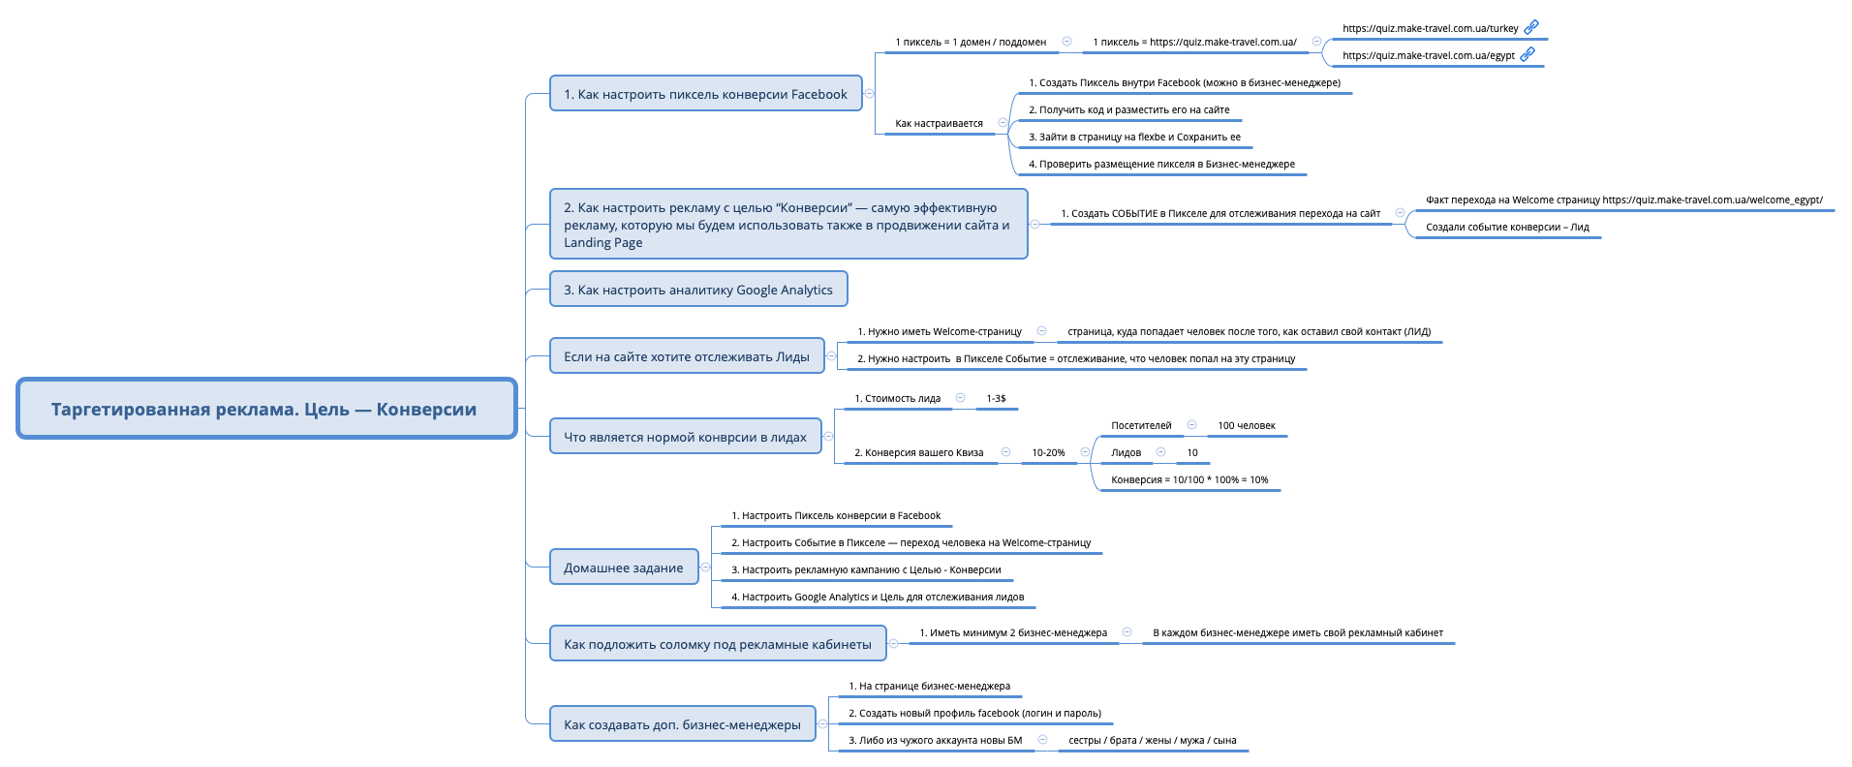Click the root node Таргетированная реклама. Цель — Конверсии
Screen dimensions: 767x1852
click(265, 409)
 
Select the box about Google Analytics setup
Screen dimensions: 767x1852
click(697, 290)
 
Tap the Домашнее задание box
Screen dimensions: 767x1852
click(623, 568)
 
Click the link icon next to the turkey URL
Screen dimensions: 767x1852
click(1531, 27)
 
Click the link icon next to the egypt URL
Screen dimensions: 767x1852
click(1528, 54)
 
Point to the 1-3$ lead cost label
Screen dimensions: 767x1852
click(996, 398)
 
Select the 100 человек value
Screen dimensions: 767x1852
click(1246, 425)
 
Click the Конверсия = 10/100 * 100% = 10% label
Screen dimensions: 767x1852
click(1188, 479)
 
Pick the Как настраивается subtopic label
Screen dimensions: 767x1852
click(938, 123)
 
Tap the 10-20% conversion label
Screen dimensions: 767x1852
click(1047, 452)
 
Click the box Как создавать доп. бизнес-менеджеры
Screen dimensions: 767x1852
click(682, 724)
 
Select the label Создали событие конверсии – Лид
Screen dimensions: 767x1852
click(1506, 227)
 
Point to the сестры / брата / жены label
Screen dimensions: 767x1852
click(1151, 740)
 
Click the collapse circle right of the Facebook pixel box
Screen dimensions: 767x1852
click(870, 94)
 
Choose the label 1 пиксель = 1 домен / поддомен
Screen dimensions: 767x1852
click(970, 42)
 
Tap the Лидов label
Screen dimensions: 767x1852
click(1126, 452)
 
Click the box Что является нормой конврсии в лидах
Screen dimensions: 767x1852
click(685, 437)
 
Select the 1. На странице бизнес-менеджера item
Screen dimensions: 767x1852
click(928, 686)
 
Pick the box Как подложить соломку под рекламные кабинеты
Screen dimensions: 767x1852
click(717, 644)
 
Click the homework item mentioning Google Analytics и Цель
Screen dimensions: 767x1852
click(877, 597)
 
